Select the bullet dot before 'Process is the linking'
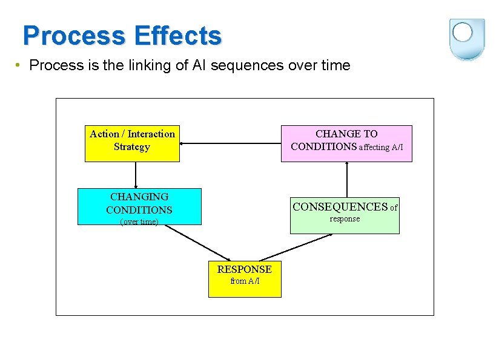(19, 65)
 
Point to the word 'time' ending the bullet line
(336, 65)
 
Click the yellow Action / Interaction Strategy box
(132, 143)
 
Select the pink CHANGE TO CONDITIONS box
(346, 143)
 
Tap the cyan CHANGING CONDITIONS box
(139, 206)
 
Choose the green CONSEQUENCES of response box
(345, 215)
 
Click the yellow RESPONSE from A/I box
(245, 279)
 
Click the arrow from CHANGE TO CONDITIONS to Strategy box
(230, 143)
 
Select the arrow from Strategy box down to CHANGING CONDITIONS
(135, 175)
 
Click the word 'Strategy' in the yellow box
(132, 147)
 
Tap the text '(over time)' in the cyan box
(139, 221)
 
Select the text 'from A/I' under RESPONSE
(245, 281)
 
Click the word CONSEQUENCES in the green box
(340, 207)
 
